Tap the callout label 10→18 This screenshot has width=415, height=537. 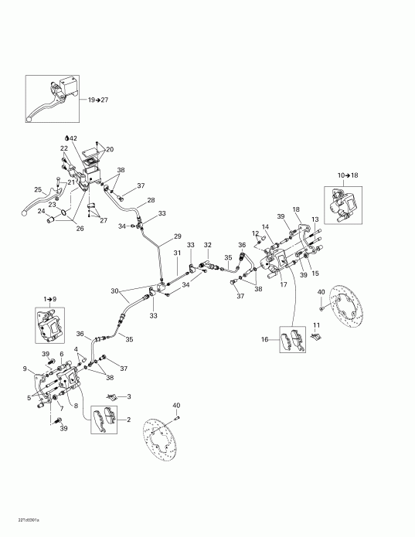(349, 175)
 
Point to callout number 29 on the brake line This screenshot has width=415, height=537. (177, 236)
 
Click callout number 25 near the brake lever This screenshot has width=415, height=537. (38, 190)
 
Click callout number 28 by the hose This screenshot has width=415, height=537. (151, 200)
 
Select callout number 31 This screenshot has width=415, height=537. (177, 253)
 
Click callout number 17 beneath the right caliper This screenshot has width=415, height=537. (284, 285)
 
